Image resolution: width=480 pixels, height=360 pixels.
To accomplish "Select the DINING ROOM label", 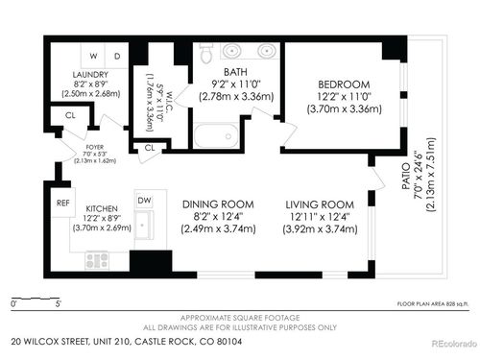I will [217, 204].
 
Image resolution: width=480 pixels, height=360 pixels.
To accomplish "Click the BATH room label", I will [235, 71].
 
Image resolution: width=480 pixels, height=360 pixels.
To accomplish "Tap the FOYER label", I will [94, 147].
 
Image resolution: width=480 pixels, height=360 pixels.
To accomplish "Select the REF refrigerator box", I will [62, 204].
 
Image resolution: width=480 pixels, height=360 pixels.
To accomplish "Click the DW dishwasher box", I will [144, 201].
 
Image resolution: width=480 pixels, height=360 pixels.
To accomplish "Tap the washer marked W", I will [95, 56].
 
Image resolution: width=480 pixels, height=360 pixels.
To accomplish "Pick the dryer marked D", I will [117, 56].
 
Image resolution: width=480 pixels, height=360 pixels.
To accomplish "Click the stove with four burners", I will [99, 258].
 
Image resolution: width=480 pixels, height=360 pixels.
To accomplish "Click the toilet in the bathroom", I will [205, 55].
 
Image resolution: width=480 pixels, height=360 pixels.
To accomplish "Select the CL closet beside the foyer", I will [70, 116].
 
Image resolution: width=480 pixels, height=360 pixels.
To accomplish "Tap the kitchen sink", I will [145, 227].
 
